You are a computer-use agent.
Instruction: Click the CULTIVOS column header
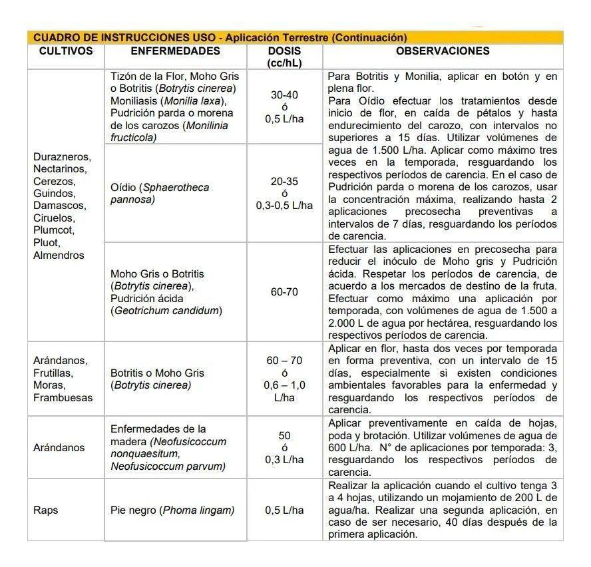tap(65, 51)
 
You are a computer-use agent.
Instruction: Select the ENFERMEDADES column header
tap(175, 51)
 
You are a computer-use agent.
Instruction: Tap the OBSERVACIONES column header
tap(443, 51)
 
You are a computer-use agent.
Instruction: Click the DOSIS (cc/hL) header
tap(284, 57)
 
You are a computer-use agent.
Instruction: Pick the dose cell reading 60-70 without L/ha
tap(284, 292)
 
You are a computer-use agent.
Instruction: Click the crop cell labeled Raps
tap(46, 510)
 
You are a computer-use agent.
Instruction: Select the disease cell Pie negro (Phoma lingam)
tap(172, 510)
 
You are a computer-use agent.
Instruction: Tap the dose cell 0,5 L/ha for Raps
tap(284, 510)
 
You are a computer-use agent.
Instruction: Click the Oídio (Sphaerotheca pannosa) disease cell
tap(160, 193)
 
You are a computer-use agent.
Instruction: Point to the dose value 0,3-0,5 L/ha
tap(284, 206)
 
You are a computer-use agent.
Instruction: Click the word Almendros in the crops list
tap(59, 256)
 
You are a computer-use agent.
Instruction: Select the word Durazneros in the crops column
tap(61, 156)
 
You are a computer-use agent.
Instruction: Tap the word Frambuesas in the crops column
tap(63, 398)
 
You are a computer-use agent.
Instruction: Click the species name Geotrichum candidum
tap(166, 311)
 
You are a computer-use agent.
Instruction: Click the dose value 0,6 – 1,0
tap(284, 385)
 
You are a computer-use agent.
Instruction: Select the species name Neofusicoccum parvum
tap(167, 467)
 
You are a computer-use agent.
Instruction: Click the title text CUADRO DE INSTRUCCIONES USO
tap(126, 38)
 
